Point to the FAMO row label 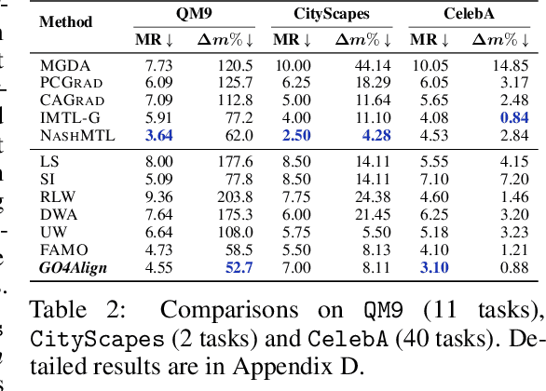[x=61, y=249]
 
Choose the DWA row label [x=57, y=214]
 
